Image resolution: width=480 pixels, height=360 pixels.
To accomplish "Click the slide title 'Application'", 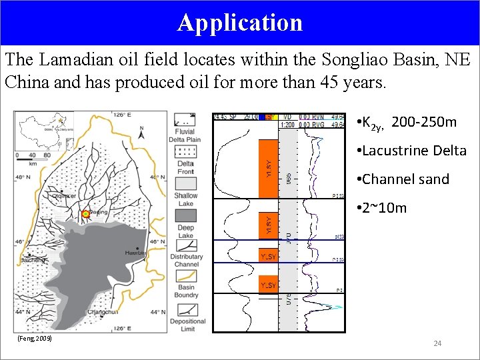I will pyautogui.click(x=240, y=22).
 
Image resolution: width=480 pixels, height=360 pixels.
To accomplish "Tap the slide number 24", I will pyautogui.click(x=437, y=343).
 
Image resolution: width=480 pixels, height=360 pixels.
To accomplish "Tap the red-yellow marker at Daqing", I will pyautogui.click(x=85, y=214).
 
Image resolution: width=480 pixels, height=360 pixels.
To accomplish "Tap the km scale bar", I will pyautogui.click(x=32, y=157).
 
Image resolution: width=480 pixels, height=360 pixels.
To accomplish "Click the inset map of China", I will pyautogui.click(x=46, y=132).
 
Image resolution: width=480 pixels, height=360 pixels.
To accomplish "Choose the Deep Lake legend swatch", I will pyautogui.click(x=185, y=213).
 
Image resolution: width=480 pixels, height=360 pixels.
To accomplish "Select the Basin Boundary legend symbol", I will pyautogui.click(x=185, y=279).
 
